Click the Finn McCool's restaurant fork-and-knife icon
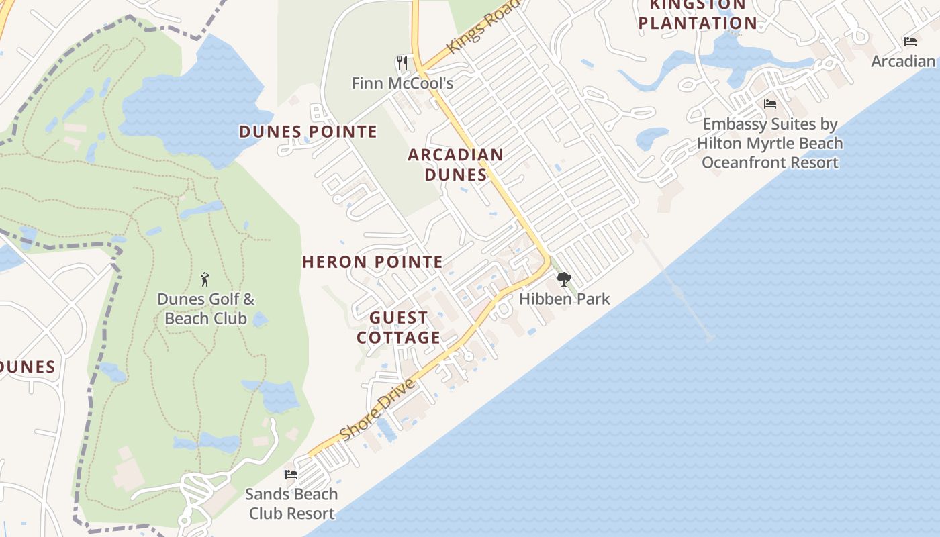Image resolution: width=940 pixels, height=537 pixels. click(402, 63)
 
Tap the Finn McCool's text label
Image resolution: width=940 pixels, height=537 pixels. click(402, 83)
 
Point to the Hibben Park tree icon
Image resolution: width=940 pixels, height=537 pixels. click(563, 279)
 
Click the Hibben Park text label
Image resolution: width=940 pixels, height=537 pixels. click(564, 299)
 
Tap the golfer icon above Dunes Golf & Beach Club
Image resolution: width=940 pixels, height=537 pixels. click(205, 279)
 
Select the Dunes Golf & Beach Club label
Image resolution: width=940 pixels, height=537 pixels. click(206, 309)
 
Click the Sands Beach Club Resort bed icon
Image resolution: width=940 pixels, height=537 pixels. click(291, 475)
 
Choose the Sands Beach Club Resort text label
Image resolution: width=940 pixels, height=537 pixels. click(291, 503)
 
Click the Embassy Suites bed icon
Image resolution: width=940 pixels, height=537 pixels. click(770, 104)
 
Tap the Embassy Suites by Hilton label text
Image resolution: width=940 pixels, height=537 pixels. click(770, 143)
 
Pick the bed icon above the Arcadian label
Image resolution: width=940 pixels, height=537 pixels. click(910, 42)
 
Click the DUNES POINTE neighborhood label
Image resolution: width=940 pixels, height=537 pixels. click(308, 132)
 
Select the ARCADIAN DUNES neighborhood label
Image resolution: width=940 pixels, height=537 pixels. click(456, 164)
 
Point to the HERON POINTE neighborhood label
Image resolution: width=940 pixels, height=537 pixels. click(373, 262)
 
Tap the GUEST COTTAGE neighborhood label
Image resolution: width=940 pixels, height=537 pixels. click(399, 327)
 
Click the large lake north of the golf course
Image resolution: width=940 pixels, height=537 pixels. click(195, 101)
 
